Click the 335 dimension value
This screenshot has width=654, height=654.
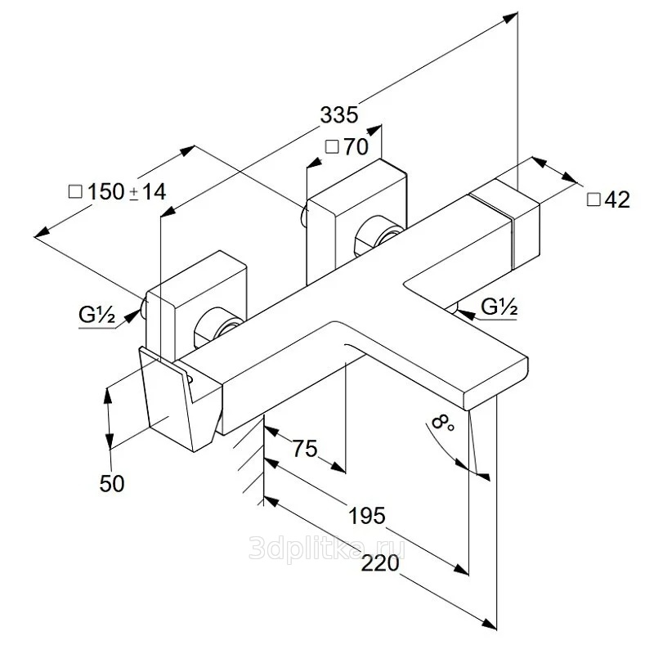(339, 114)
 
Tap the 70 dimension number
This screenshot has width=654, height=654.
(356, 148)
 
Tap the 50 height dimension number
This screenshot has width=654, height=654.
(111, 483)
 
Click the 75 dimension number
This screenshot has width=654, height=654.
(304, 449)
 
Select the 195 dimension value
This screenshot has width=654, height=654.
(368, 516)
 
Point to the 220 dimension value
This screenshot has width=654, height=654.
(383, 563)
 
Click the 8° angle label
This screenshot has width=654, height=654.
(441, 423)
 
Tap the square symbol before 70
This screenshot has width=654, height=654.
(332, 148)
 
